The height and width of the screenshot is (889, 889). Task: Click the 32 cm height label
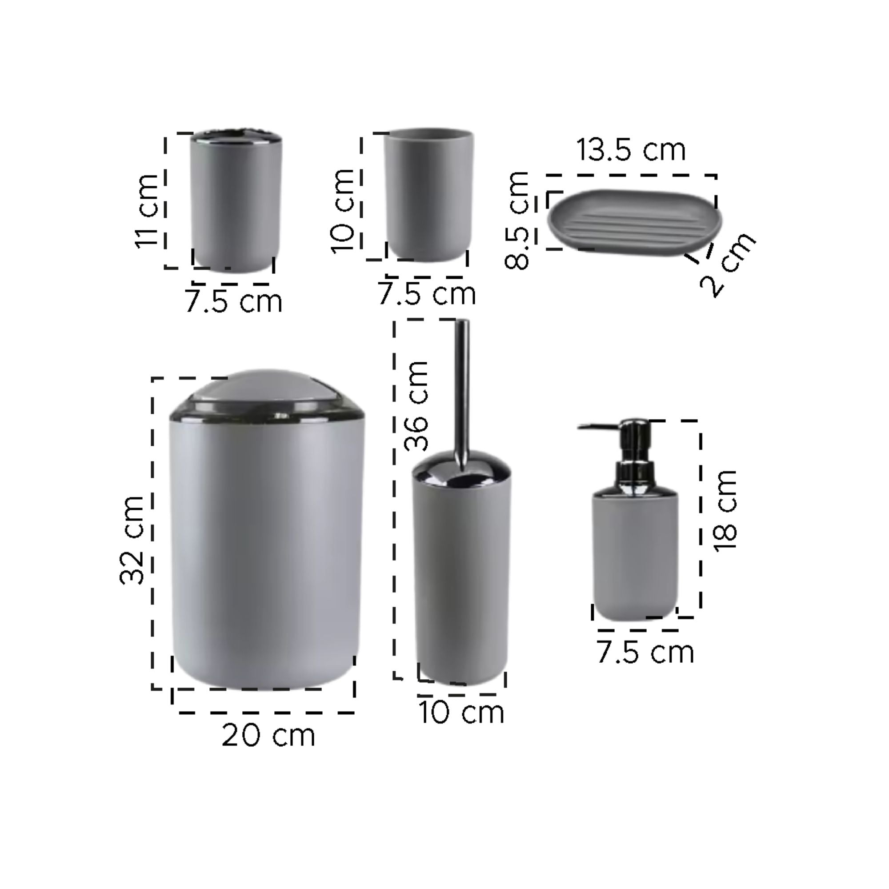coord(132,540)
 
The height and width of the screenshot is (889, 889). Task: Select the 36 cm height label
coord(416,405)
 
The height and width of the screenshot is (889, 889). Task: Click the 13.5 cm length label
coord(630,149)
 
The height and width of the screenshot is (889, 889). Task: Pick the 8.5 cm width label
coord(517,220)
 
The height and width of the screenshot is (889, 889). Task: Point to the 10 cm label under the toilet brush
coord(461,712)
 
